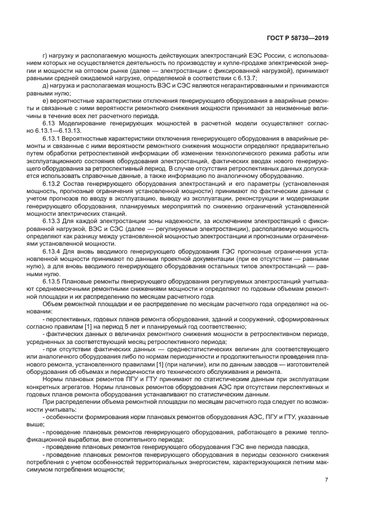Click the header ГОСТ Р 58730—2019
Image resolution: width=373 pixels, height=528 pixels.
pos(297,39)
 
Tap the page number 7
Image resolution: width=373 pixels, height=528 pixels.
pos(326,480)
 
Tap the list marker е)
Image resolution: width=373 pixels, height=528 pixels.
pos(46,101)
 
